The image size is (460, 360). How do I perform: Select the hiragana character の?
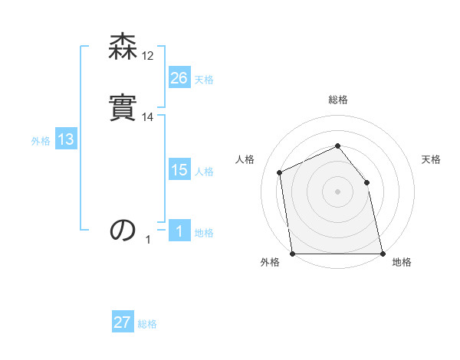123,230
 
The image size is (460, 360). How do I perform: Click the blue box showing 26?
179,77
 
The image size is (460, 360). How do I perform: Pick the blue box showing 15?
179,170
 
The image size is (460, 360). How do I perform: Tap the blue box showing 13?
66,139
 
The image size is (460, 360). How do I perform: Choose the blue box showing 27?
123,322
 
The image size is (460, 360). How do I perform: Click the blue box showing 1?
179,231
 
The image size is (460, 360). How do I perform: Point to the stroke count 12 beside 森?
149,56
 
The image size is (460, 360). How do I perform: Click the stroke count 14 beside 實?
149,117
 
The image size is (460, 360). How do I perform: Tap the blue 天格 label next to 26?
204,80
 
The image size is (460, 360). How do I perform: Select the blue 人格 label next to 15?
204,172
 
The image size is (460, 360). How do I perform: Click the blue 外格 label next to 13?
41,141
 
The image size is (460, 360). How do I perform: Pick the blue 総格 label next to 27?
147,324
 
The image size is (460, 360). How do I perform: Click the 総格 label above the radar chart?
338,100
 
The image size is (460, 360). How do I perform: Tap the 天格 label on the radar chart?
432,159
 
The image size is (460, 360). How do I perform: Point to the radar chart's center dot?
337,191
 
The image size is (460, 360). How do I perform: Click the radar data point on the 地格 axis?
383,254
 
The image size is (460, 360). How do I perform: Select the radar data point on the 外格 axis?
292,254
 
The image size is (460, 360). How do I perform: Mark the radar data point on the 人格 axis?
280,172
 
